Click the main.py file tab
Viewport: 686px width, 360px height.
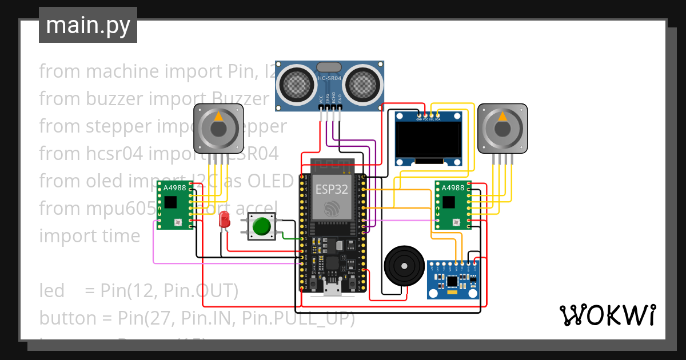(x=87, y=25)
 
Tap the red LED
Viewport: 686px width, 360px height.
(x=225, y=219)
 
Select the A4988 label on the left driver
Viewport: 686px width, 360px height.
(x=174, y=188)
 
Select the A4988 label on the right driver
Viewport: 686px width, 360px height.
(x=453, y=188)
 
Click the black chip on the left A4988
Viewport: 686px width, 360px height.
(x=170, y=202)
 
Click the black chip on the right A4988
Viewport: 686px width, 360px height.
(x=449, y=202)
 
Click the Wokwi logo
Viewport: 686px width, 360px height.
(x=607, y=315)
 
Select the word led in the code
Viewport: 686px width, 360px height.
(x=51, y=291)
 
